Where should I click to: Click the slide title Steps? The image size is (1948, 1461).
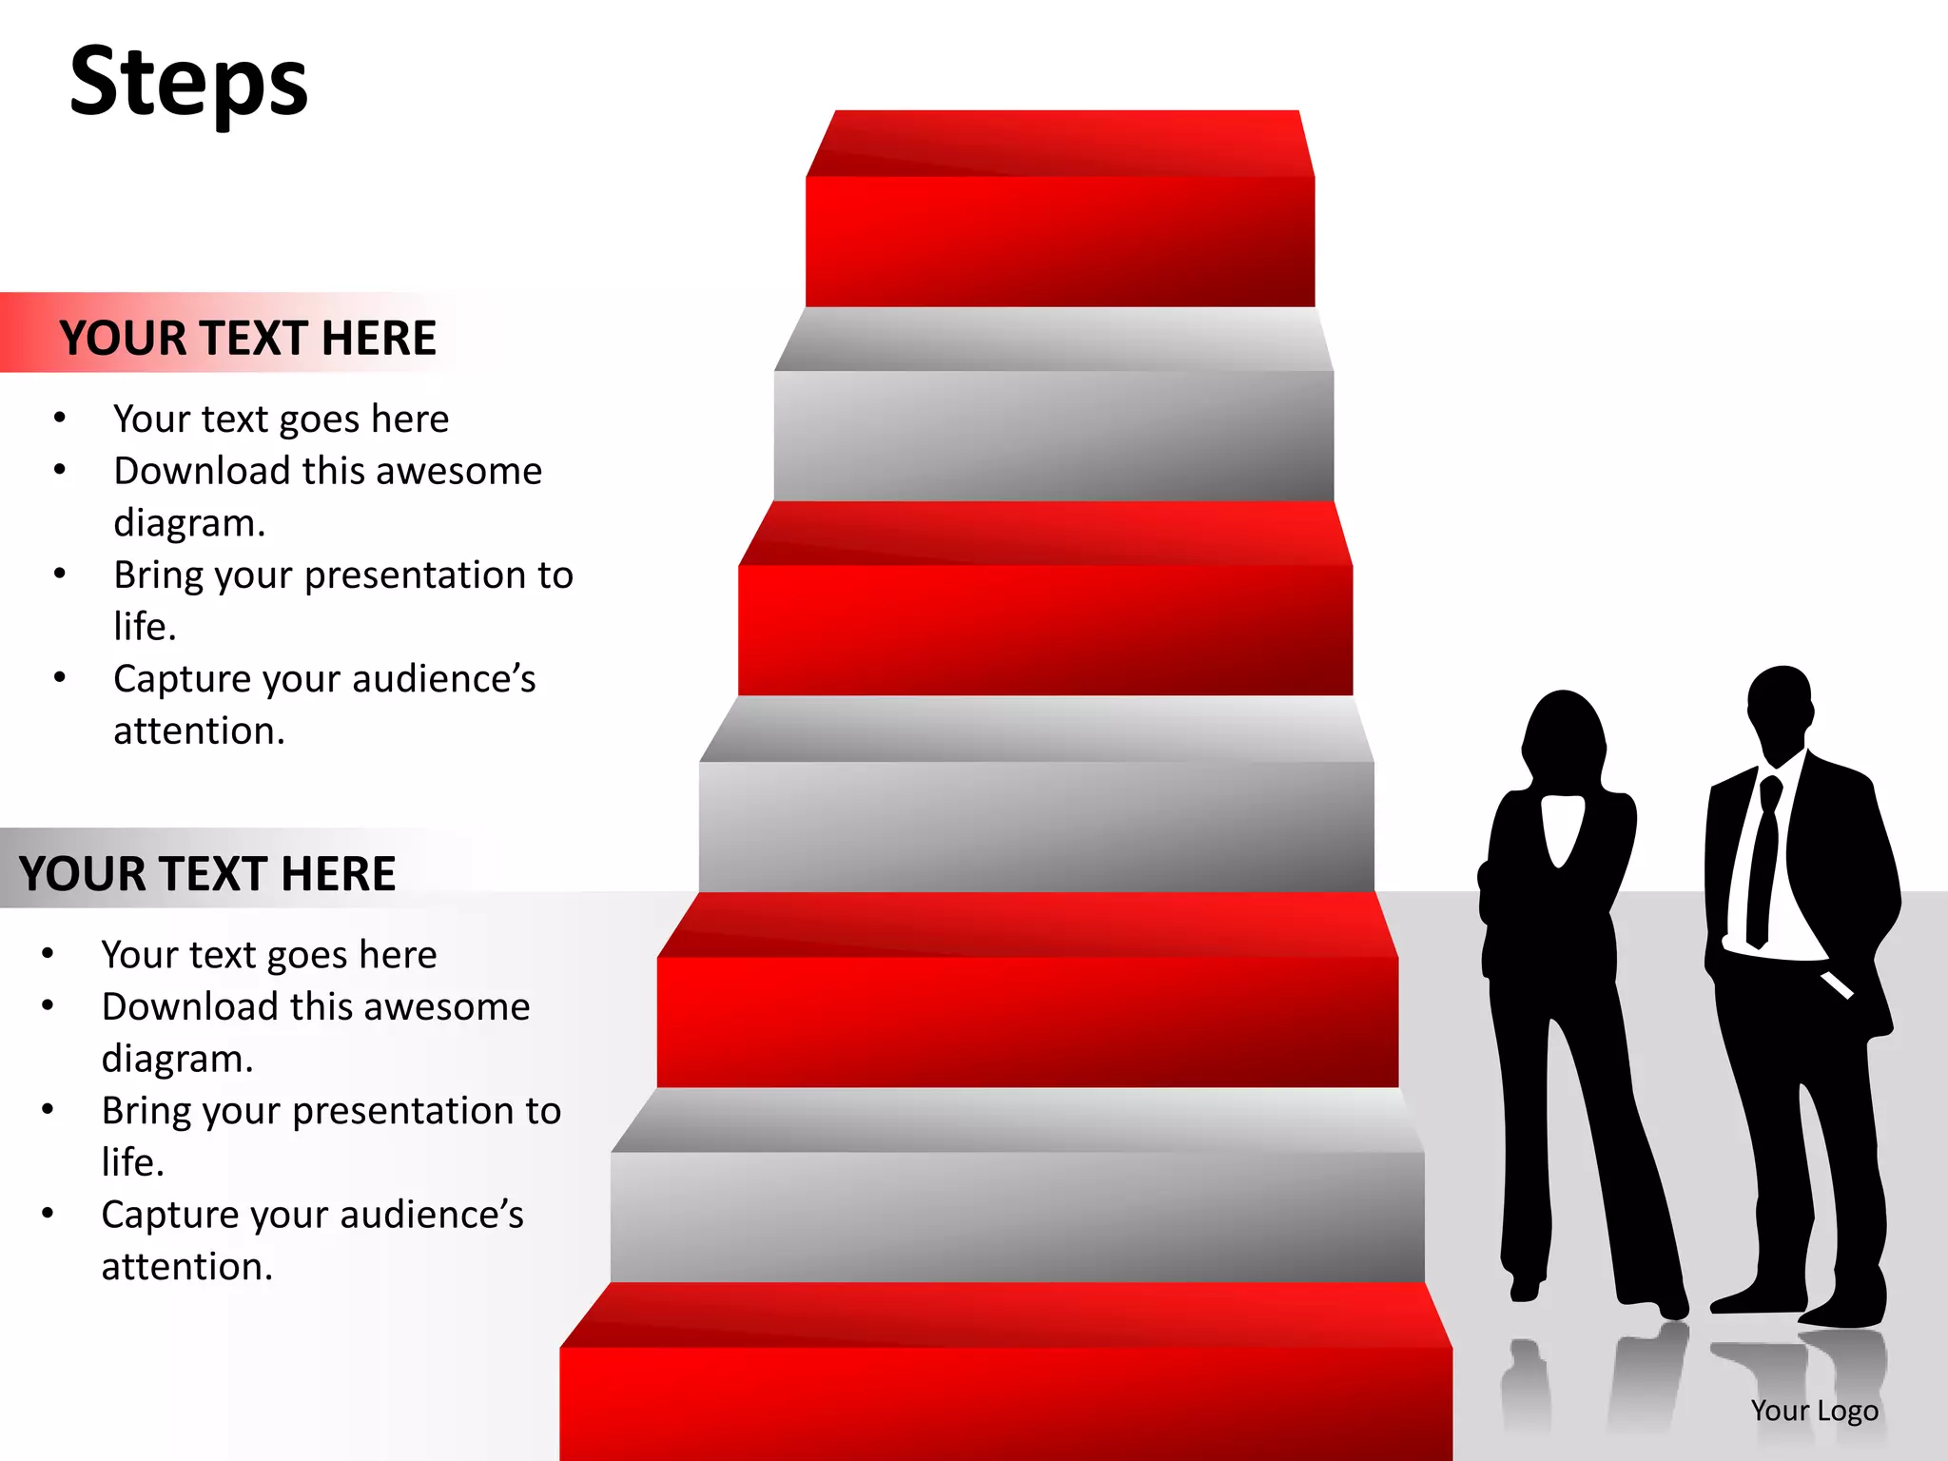[x=189, y=83]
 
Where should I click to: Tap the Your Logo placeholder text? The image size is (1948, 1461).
[x=1814, y=1411]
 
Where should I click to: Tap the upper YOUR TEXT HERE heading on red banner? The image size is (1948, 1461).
[x=247, y=338]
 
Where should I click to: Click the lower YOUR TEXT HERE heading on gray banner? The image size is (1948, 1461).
[x=206, y=873]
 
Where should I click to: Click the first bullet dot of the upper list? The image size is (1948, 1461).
[x=60, y=419]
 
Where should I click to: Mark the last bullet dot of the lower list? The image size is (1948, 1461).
[x=48, y=1214]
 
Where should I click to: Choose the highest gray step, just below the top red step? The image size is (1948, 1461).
[x=1054, y=419]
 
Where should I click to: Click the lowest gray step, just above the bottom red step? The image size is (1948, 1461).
[x=1017, y=1198]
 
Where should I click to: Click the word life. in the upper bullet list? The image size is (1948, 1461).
[x=145, y=627]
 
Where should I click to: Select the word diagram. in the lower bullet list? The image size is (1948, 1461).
[x=177, y=1059]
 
